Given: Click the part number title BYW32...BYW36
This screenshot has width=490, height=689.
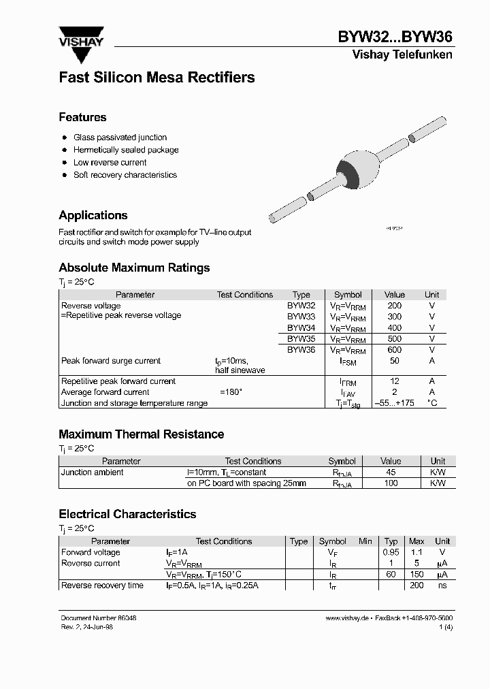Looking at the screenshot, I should click(395, 37).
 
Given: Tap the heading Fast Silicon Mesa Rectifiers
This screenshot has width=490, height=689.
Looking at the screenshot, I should click(157, 78).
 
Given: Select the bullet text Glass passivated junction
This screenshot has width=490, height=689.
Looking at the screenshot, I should click(120, 138).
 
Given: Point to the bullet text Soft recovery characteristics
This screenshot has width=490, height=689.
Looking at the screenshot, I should click(125, 175).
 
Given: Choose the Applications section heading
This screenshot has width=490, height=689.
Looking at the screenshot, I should click(93, 215).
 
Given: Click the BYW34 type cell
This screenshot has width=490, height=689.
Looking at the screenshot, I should click(301, 327).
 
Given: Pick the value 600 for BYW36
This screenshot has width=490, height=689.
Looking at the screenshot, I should click(394, 349).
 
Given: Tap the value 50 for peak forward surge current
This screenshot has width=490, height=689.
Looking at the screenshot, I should click(394, 361).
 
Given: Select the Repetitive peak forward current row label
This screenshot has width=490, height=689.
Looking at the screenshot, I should click(118, 381).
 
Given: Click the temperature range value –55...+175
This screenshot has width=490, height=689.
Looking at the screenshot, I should click(394, 403).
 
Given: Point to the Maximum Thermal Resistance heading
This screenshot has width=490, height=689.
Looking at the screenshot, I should click(141, 434).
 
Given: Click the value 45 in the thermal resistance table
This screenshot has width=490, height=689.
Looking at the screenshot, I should click(390, 472).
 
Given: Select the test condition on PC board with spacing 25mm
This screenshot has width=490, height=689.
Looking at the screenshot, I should click(246, 483).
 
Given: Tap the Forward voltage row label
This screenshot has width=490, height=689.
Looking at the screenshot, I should click(91, 552).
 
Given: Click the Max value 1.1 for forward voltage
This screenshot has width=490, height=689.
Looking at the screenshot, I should click(416, 552).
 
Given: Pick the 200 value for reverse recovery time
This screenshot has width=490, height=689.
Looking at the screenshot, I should click(416, 586).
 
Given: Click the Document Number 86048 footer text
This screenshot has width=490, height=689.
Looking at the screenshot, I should click(99, 618).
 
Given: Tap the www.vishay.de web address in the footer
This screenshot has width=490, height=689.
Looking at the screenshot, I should click(347, 618).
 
